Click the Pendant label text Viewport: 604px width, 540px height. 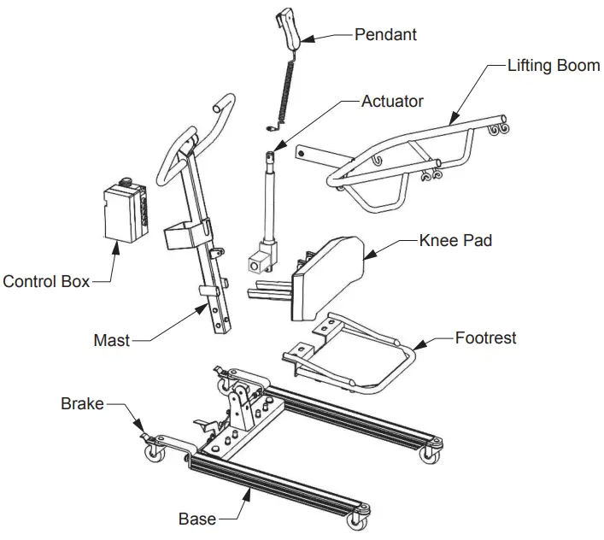387,35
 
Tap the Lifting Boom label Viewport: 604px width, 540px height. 553,65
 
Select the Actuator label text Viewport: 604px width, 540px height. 392,101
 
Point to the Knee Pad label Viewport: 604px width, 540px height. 455,241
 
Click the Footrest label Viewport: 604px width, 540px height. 485,338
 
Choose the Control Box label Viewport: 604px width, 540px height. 46,281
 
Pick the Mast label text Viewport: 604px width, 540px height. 111,340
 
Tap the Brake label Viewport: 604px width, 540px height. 81,403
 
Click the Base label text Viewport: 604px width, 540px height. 196,519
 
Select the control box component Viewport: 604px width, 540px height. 123,213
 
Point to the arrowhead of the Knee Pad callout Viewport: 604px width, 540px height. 366,255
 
